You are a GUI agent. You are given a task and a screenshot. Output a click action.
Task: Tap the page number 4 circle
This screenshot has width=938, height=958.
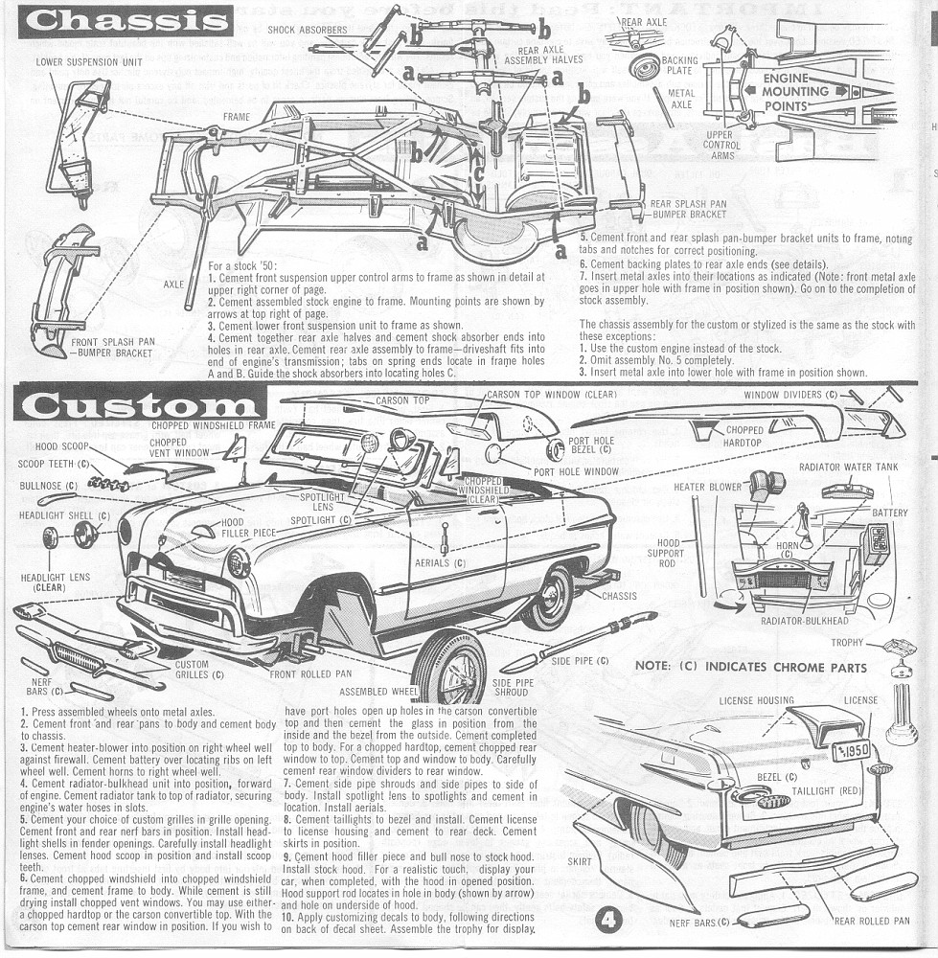(x=610, y=921)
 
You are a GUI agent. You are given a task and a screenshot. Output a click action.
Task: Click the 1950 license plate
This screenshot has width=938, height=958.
(x=850, y=749)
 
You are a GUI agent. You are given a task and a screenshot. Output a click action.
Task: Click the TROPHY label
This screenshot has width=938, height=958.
(x=847, y=643)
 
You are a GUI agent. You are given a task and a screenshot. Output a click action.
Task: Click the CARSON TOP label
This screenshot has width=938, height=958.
(x=402, y=400)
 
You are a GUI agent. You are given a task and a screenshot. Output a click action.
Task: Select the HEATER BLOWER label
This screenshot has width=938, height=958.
(x=707, y=488)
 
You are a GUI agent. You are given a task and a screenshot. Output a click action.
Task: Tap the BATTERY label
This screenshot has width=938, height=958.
(x=889, y=513)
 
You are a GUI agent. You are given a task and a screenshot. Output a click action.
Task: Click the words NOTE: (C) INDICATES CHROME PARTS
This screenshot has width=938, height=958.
(x=750, y=667)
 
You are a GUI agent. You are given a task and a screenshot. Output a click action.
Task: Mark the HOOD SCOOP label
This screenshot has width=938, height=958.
(x=61, y=446)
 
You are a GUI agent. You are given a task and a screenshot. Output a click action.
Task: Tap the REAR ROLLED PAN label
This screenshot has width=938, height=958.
(x=871, y=921)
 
